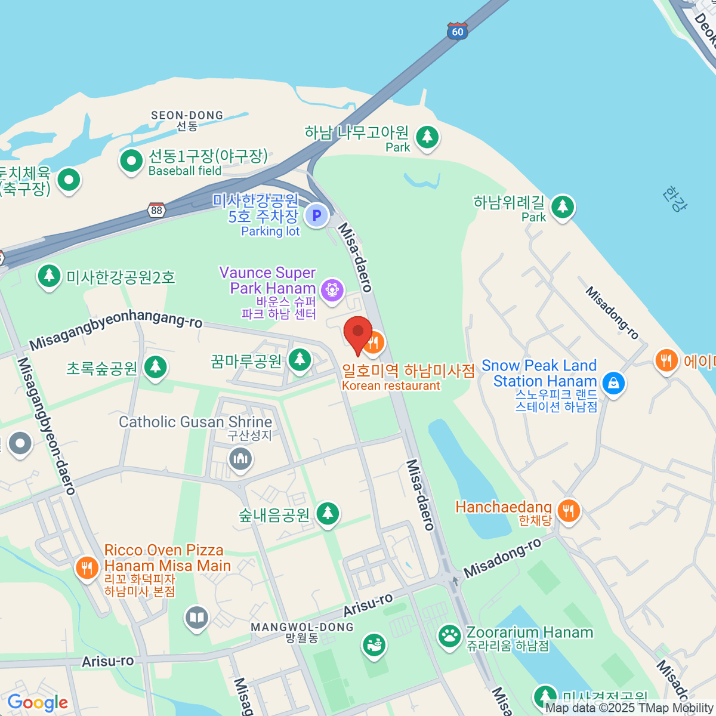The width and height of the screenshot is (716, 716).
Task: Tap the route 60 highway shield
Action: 457,32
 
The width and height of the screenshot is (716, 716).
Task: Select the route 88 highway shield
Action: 156,210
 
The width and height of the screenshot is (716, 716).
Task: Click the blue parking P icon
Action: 316,215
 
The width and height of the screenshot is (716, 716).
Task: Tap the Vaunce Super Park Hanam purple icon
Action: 331,290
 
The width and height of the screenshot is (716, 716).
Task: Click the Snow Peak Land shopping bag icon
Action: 613,382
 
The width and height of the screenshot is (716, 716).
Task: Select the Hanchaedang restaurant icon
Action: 569,511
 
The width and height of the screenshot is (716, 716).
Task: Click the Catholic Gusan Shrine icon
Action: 240,459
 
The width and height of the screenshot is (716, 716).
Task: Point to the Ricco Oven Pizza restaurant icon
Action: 87,567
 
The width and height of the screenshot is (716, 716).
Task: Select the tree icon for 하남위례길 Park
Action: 562,207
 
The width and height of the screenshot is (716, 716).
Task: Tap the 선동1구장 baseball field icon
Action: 131,161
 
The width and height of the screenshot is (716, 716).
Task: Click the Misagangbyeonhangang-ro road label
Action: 116,330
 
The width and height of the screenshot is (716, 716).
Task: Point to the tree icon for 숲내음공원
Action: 327,513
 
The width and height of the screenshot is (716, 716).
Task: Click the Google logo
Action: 37,703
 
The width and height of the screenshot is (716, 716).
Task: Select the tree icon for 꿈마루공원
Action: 300,360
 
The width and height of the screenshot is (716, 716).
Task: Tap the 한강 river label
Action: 674,199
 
